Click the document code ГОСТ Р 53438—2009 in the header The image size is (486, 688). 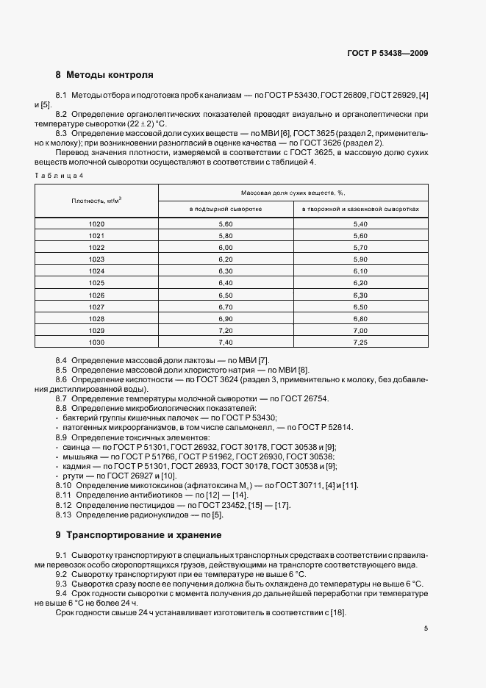(387, 53)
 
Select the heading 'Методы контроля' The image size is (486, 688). (110, 75)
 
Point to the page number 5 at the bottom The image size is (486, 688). (426, 628)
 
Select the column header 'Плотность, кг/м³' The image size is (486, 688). (96, 200)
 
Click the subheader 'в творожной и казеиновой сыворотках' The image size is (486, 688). (360, 209)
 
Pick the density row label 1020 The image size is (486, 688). (96, 223)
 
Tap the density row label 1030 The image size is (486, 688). (96, 343)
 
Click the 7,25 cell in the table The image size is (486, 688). (360, 343)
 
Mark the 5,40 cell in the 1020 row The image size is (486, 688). (360, 223)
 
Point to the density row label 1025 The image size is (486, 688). (96, 283)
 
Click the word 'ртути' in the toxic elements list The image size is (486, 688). (71, 476)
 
